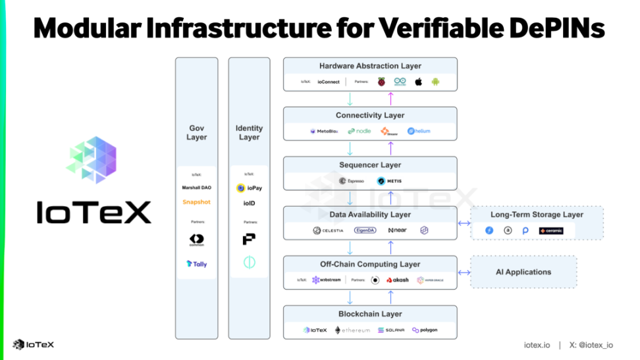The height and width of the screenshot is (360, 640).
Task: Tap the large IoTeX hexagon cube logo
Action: tap(92, 160)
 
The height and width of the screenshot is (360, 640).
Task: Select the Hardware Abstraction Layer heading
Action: tap(370, 66)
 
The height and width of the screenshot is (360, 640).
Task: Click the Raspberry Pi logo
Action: tap(381, 82)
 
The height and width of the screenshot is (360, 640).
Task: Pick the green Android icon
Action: tap(435, 82)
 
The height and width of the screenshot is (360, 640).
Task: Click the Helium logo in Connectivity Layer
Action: tap(419, 131)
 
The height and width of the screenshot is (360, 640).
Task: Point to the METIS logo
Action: tap(390, 181)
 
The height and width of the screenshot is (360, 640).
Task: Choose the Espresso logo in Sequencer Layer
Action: tap(352, 181)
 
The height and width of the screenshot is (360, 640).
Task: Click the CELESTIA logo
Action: tap(328, 230)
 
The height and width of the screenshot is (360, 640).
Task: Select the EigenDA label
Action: tap(365, 230)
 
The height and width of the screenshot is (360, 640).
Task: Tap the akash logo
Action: tap(398, 280)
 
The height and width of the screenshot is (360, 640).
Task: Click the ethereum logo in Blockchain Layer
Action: tap(352, 330)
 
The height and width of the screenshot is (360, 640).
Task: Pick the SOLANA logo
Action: tap(390, 330)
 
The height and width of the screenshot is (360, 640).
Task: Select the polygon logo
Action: tap(425, 330)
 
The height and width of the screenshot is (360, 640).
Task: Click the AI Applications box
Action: tap(523, 272)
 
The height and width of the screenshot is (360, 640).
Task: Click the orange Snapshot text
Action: tap(196, 202)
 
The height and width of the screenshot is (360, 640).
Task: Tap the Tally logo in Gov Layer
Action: tap(196, 264)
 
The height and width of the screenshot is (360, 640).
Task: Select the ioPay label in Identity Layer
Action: tap(250, 188)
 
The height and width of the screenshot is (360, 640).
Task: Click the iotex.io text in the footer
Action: tap(536, 345)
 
